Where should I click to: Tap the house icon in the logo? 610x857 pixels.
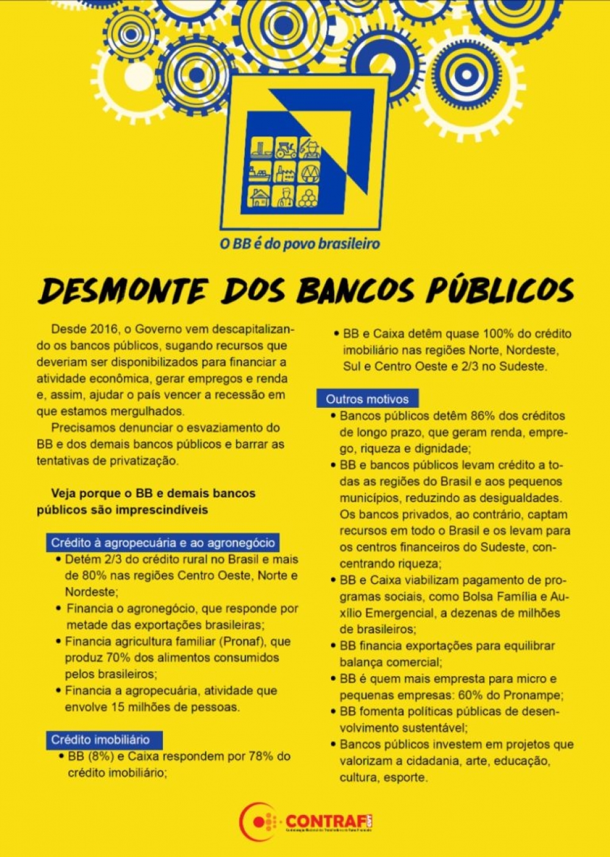click(x=260, y=196)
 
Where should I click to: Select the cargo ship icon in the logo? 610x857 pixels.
click(x=260, y=172)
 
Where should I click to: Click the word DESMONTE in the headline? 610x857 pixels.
click(x=122, y=291)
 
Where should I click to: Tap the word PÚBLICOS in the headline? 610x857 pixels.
click(x=500, y=290)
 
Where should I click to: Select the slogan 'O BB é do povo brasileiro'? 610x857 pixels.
click(x=300, y=244)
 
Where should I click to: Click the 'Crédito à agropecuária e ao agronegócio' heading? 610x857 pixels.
click(x=163, y=542)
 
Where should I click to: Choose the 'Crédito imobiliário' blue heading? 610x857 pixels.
click(x=100, y=740)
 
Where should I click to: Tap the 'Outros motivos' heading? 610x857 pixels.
click(x=367, y=399)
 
